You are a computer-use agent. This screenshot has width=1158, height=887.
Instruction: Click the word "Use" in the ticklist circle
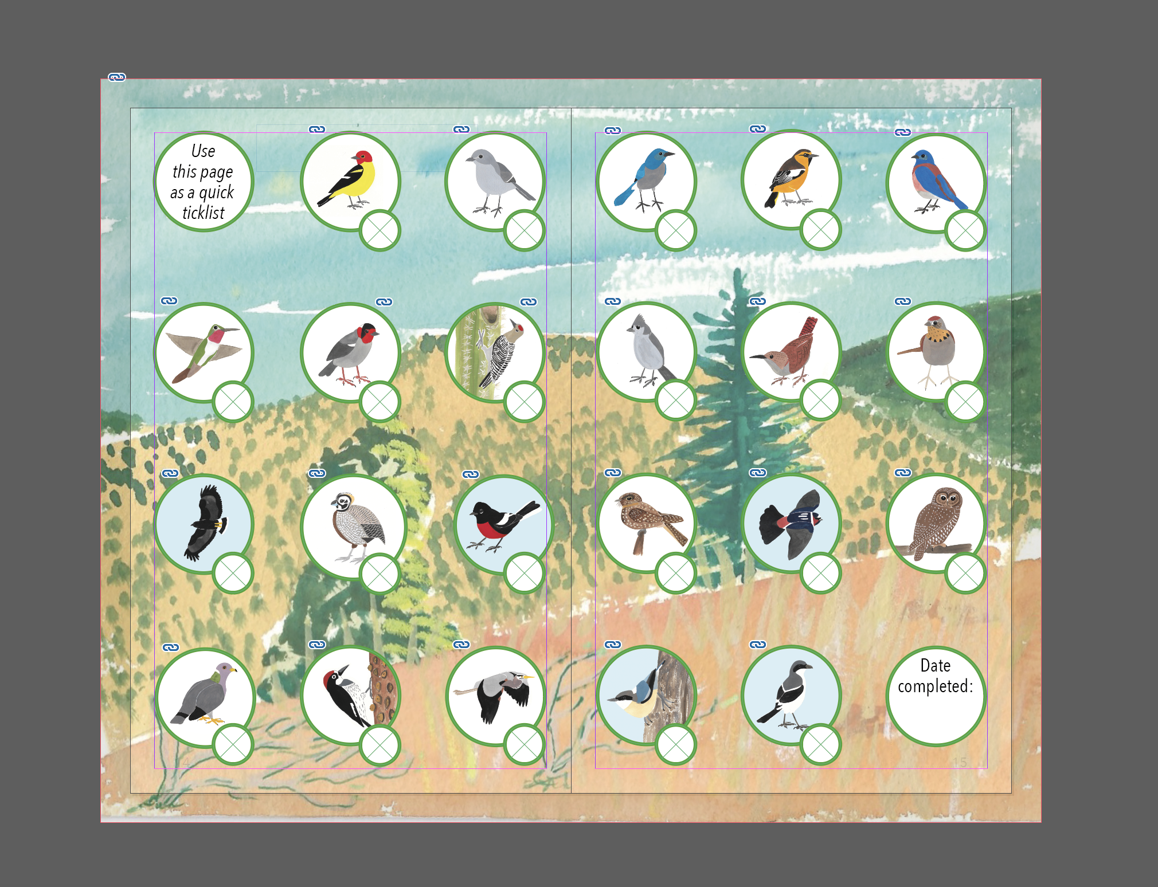(204, 151)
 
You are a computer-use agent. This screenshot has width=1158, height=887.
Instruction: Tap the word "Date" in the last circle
(936, 665)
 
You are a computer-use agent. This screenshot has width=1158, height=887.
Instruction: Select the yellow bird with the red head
(348, 178)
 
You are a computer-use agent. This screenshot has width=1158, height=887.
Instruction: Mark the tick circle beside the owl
(965, 573)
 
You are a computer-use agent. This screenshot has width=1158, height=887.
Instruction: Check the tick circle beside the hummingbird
(233, 402)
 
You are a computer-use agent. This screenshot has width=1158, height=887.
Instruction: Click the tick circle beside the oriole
(820, 230)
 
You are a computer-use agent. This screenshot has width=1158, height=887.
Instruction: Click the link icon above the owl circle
(903, 473)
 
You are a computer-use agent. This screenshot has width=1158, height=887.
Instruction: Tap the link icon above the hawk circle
(170, 473)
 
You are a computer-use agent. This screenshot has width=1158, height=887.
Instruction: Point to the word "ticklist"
(204, 213)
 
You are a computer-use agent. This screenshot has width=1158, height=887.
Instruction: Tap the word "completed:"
(936, 686)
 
